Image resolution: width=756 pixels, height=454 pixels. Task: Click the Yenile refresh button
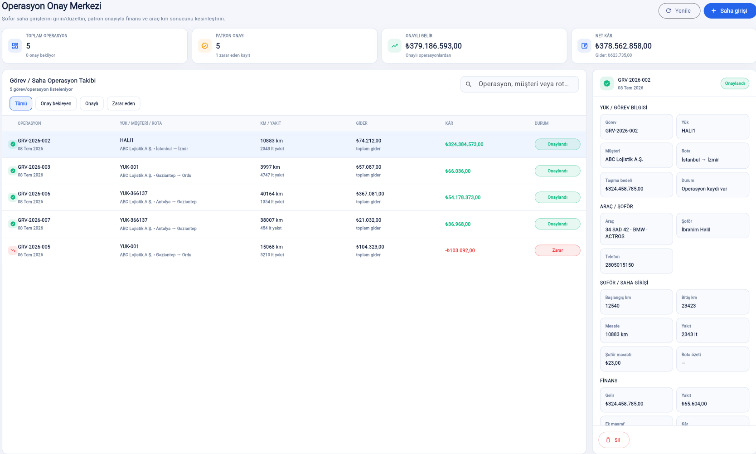click(679, 11)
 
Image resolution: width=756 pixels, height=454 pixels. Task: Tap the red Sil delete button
click(614, 440)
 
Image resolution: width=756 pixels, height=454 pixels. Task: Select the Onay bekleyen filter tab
click(56, 103)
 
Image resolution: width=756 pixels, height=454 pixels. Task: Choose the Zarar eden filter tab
click(124, 103)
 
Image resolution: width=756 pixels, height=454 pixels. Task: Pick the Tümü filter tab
click(21, 103)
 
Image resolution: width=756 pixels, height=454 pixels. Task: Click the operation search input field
click(519, 84)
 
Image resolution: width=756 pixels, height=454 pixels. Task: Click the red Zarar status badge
click(557, 250)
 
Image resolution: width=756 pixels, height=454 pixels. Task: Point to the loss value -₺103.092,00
click(460, 250)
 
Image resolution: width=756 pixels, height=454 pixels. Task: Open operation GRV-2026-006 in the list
click(34, 194)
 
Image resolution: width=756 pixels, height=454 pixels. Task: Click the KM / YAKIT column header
click(271, 123)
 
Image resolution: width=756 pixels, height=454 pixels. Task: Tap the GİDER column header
click(362, 123)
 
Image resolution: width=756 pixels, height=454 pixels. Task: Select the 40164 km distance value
click(271, 194)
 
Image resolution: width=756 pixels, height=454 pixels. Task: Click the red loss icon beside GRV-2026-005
click(13, 250)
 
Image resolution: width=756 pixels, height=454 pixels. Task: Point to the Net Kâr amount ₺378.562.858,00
click(623, 46)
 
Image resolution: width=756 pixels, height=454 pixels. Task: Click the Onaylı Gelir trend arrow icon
click(394, 46)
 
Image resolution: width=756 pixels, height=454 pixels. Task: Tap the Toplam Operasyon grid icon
click(15, 46)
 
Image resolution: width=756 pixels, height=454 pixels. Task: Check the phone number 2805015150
click(619, 265)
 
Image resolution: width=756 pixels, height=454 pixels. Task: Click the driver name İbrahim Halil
click(696, 229)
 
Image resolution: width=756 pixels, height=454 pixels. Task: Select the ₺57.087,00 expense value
click(368, 167)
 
